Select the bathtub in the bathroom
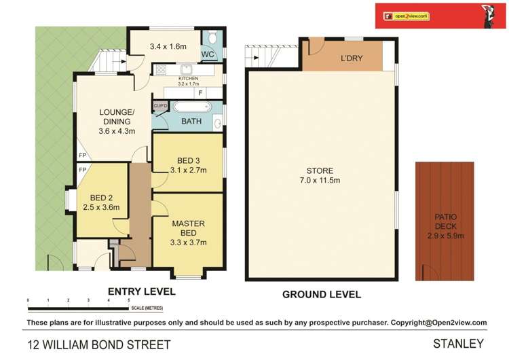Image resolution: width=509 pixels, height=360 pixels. (x=191, y=107)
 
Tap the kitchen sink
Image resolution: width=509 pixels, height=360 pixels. (x=185, y=69)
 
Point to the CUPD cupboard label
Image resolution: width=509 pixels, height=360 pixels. (x=161, y=105)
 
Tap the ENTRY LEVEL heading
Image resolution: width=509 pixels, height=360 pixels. (x=142, y=291)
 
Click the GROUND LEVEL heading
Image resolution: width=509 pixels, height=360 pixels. (x=321, y=294)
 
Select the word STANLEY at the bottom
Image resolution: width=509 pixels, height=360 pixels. (x=460, y=344)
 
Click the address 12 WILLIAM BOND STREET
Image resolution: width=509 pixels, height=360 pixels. (x=98, y=344)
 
